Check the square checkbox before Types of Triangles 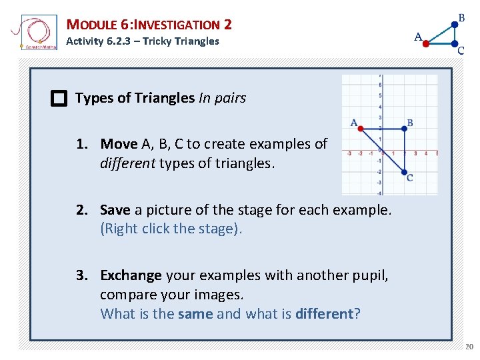[59, 99]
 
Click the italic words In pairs [222, 98]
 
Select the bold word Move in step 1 [119, 144]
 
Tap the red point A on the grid [361, 129]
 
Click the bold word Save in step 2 [115, 210]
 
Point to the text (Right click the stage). [171, 228]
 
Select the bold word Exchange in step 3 [131, 275]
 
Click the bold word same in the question [195, 313]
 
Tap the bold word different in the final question [324, 313]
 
